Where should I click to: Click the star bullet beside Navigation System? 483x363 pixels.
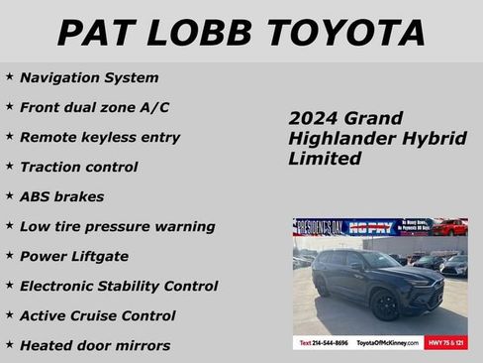tap(10, 76)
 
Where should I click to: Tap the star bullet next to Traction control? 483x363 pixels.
tap(10, 166)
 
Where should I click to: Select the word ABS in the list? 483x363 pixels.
tap(35, 196)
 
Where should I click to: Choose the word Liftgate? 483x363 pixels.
tap(98, 256)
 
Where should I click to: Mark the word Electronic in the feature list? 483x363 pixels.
tap(58, 286)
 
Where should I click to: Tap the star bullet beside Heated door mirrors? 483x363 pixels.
tap(10, 344)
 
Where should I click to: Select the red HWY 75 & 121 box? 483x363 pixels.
tap(445, 342)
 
